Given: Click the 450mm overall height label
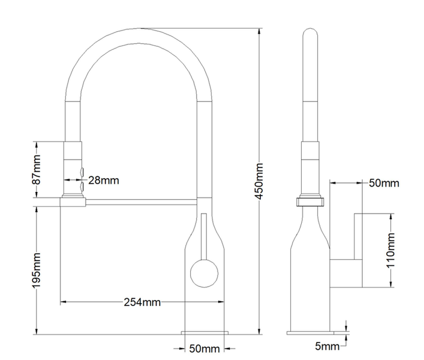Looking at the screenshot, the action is (x=259, y=181).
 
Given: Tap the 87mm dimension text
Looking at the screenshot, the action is (x=36, y=170).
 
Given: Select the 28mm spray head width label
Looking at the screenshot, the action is (x=104, y=180).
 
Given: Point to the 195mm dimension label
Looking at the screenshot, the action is (x=36, y=271).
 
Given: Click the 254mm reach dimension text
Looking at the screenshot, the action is (x=142, y=302).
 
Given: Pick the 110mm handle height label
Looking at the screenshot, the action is (x=391, y=250).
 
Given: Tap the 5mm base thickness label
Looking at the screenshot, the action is (x=327, y=346).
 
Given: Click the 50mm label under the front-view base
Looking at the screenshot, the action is (x=205, y=349).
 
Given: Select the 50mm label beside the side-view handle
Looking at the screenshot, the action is (x=384, y=183).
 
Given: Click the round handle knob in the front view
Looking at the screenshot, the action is (x=204, y=274).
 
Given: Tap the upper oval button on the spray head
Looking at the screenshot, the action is (x=82, y=172).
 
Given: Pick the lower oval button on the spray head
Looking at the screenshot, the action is (x=82, y=187).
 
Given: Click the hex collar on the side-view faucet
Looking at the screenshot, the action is (x=310, y=202).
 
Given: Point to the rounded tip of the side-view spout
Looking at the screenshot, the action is (x=310, y=30).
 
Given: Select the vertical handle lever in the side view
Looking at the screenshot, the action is (x=358, y=236).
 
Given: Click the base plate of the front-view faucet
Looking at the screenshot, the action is (x=205, y=332).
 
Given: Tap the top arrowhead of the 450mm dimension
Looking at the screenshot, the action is (x=259, y=31).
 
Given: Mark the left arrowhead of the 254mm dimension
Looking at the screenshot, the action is (x=64, y=301).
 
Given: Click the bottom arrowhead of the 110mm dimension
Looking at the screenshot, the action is (x=391, y=284).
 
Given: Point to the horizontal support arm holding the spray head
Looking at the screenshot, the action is (x=142, y=202).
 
